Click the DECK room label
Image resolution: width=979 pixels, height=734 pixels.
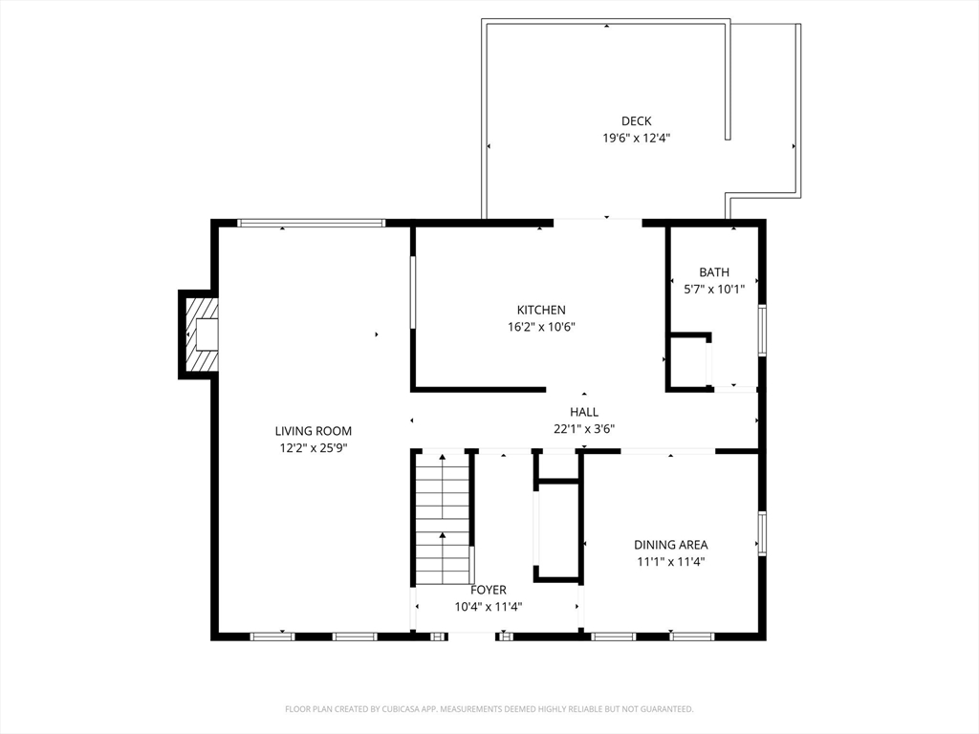[x=636, y=121]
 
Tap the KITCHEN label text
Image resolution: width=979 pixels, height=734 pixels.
[x=541, y=310]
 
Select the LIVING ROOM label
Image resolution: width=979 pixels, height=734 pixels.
[x=314, y=431]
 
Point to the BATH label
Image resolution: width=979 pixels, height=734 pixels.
[x=714, y=272]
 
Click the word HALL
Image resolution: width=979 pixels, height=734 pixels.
[x=584, y=412]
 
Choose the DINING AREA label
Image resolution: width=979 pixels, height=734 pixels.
[x=671, y=545]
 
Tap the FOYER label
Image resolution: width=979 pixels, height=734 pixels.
[x=489, y=590]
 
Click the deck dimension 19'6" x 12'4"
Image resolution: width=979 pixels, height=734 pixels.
[x=636, y=138]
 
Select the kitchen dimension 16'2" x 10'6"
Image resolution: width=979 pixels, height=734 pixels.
[x=541, y=327]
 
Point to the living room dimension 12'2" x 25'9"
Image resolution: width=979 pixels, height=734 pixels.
[x=314, y=447]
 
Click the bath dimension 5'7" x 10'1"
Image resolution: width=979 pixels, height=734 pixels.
[x=714, y=289]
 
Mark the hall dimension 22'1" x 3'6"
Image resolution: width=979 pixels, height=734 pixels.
[x=584, y=429]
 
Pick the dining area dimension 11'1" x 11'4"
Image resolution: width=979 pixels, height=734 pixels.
[x=671, y=562]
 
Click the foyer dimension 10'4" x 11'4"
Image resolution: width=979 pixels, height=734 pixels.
[x=489, y=607]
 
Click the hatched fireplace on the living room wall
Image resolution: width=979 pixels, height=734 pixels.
[x=199, y=335]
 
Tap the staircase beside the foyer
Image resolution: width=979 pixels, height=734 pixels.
[x=443, y=519]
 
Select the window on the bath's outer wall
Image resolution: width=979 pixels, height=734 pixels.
[x=762, y=331]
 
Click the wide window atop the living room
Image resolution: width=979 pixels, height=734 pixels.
[x=311, y=223]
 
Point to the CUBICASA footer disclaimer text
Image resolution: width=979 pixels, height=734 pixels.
[x=489, y=709]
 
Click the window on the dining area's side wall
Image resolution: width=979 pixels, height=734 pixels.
[x=762, y=533]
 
